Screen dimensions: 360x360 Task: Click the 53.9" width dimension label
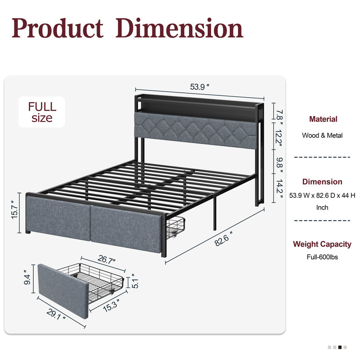pos(199,87)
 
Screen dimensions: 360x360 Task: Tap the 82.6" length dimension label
pos(223,239)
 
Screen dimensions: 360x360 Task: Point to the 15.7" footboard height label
pos(14,209)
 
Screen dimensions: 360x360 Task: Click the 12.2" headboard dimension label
pos(279,138)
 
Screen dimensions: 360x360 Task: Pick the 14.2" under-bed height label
pos(279,189)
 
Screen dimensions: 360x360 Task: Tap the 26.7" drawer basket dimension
pos(106,260)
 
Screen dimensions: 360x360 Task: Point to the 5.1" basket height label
pos(135,281)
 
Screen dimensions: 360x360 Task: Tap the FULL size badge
pos(42,112)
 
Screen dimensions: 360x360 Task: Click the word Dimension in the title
pos(179,28)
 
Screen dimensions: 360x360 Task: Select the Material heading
pos(323,119)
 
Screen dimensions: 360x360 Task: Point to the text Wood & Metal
pos(322,135)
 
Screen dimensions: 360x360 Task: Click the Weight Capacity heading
pos(322,244)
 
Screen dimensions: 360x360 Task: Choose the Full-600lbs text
pos(322,257)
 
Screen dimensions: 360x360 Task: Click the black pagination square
pos(340,347)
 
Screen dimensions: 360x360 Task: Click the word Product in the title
pos(58,28)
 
